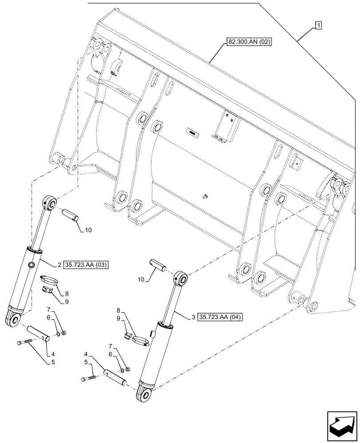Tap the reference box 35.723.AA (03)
click(86, 265)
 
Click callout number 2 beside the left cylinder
click(59, 265)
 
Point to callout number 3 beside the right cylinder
click(194, 317)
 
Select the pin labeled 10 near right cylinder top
click(158, 264)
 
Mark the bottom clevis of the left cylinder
click(13, 318)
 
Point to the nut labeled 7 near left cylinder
click(64, 333)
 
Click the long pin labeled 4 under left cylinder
click(39, 332)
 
